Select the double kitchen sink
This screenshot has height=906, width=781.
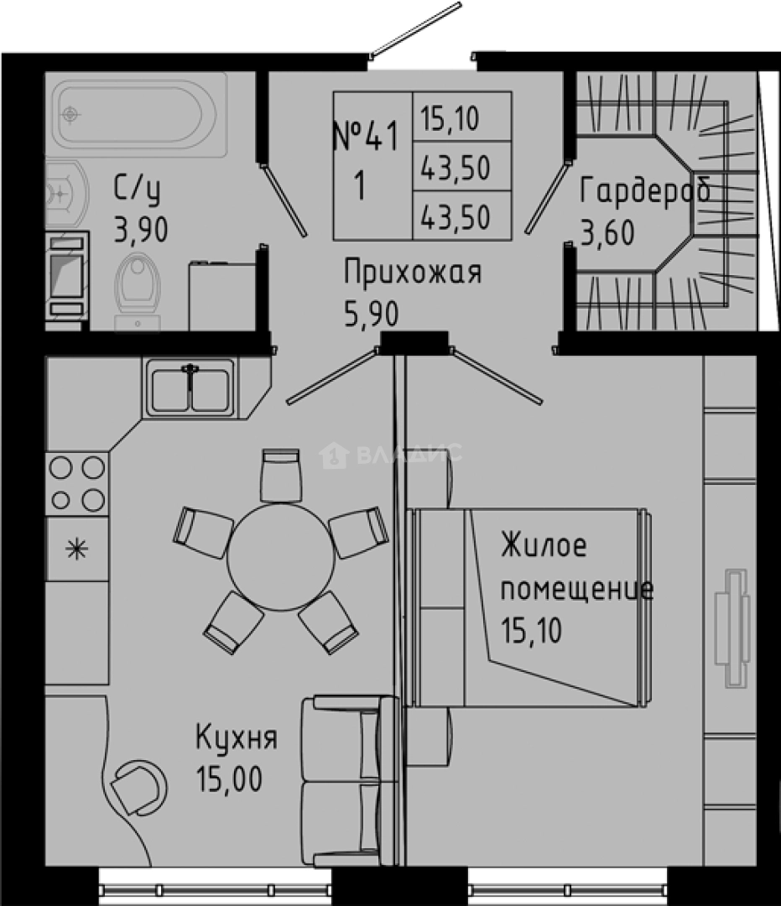(x=190, y=388)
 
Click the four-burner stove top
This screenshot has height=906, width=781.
(x=77, y=484)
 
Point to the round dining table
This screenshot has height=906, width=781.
(x=281, y=557)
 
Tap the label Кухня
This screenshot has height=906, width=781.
(x=237, y=738)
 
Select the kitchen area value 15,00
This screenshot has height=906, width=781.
(x=229, y=778)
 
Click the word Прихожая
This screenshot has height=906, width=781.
(x=413, y=272)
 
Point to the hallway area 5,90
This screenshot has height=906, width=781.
(x=372, y=315)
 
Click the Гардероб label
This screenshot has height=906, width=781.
(x=644, y=190)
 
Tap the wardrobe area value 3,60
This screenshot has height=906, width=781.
(x=607, y=232)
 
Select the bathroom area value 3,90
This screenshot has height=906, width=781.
(x=141, y=229)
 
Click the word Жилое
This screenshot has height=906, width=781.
(x=544, y=544)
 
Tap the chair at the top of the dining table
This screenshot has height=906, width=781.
(x=281, y=475)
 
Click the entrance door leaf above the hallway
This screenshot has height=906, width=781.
(x=415, y=30)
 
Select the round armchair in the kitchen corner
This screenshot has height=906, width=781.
(x=138, y=788)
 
